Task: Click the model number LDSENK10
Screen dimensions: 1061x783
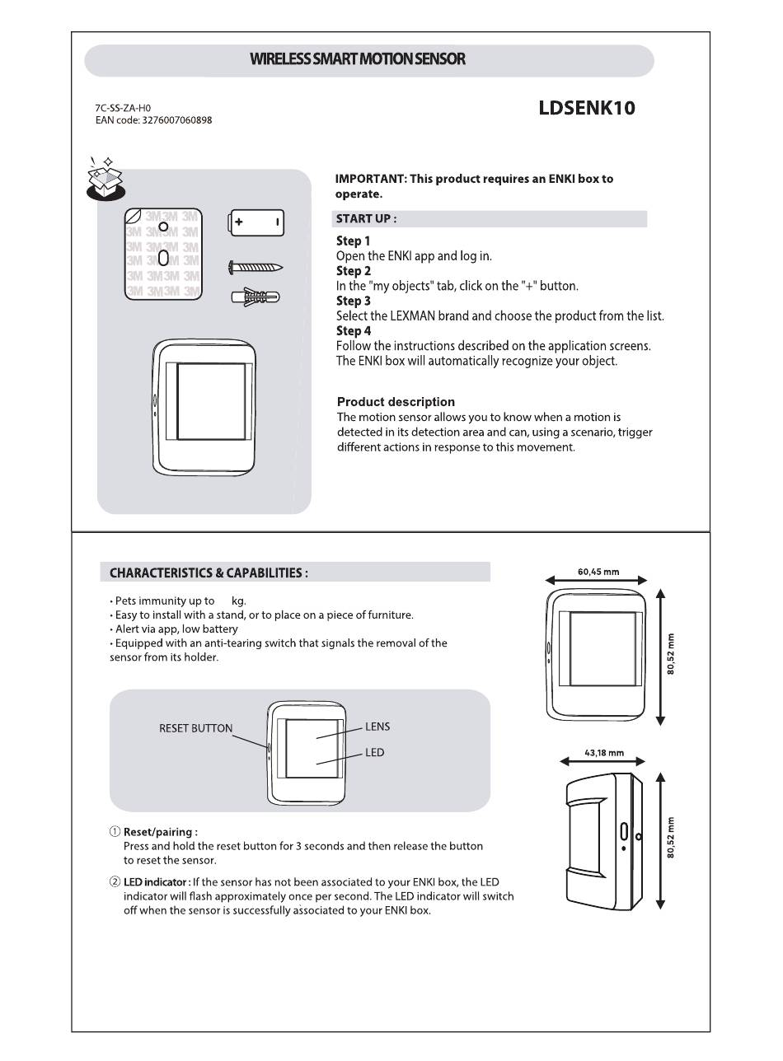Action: point(586,108)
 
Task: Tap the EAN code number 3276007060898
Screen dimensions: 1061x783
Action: point(171,120)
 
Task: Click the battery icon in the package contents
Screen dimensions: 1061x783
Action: point(256,222)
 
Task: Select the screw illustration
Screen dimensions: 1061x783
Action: point(256,267)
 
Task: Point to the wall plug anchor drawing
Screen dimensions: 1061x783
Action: point(256,296)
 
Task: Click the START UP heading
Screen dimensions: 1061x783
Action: point(366,219)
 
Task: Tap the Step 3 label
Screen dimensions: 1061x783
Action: point(354,301)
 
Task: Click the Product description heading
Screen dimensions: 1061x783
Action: point(396,402)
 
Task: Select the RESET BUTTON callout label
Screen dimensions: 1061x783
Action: point(195,728)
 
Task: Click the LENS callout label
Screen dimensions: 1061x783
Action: point(377,727)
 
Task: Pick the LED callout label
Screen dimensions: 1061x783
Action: point(374,753)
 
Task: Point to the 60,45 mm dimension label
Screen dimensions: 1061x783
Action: point(598,572)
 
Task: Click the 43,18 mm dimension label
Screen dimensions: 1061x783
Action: point(603,753)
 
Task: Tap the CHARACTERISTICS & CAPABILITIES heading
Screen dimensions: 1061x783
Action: point(209,573)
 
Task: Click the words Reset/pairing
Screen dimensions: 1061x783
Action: point(160,832)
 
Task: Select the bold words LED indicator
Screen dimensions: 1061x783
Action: point(157,882)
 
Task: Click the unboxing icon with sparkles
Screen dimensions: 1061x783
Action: point(105,180)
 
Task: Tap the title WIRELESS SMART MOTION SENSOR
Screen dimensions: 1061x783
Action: point(357,59)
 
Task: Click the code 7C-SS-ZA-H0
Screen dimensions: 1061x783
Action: point(123,107)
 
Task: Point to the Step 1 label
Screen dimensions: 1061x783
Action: point(354,241)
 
